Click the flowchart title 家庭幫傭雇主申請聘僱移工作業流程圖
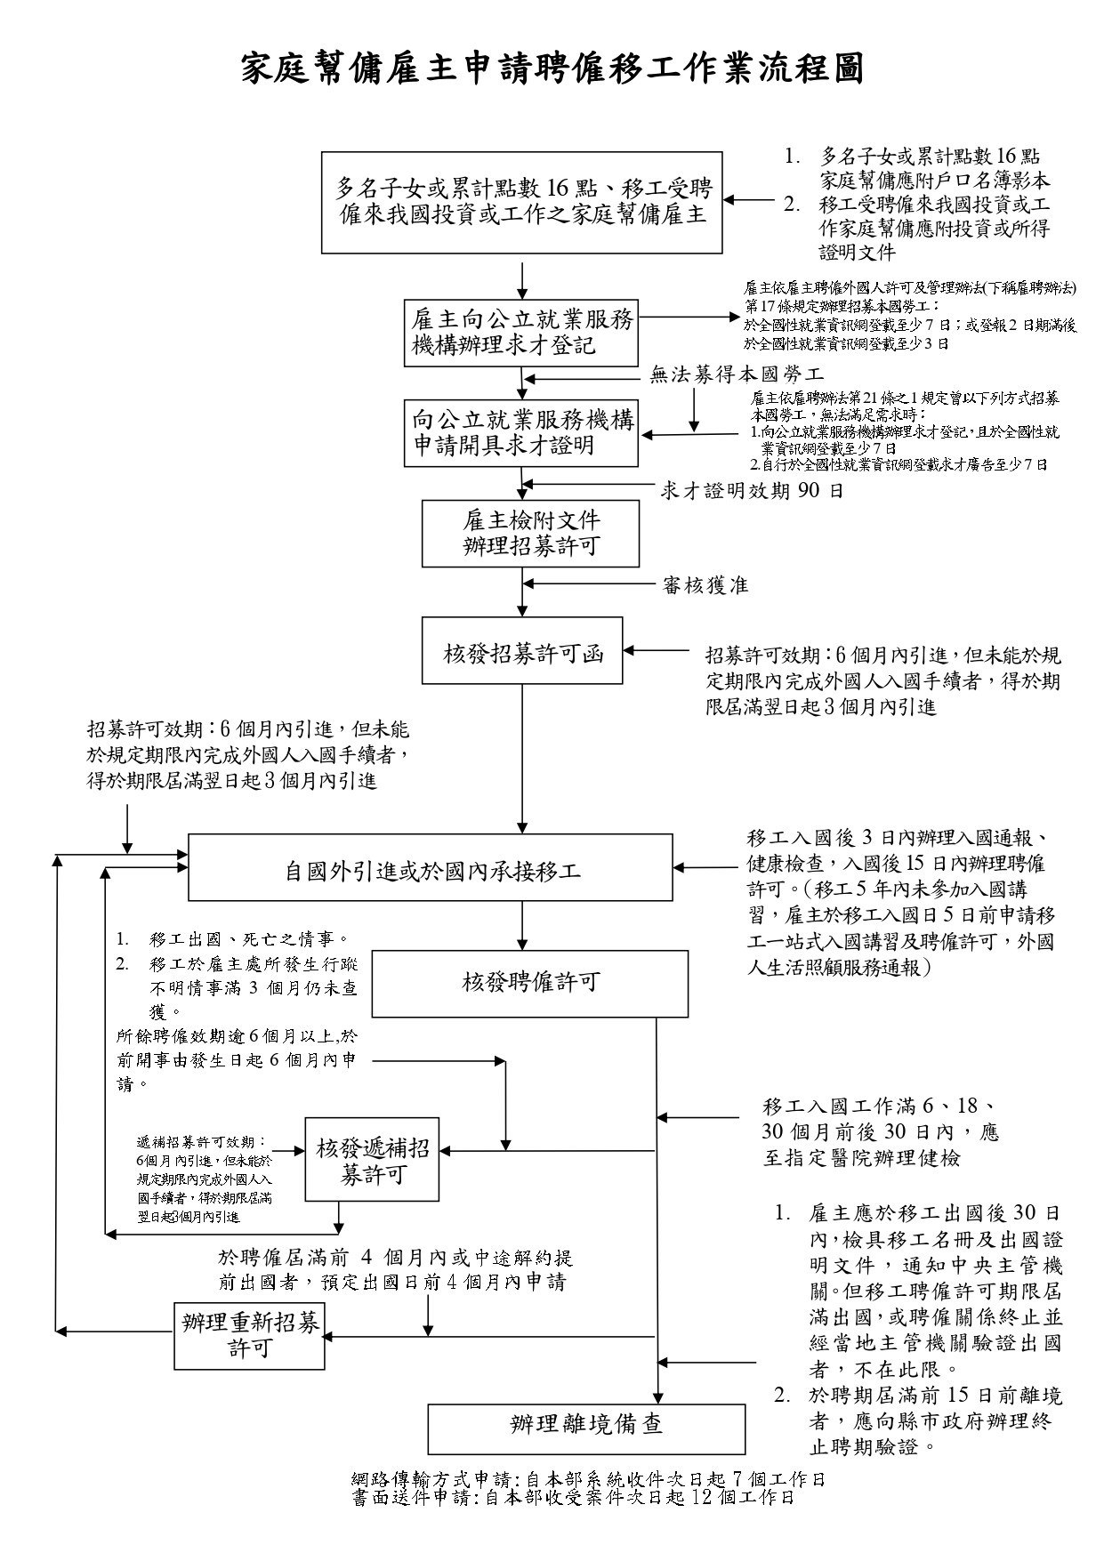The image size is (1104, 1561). tap(552, 68)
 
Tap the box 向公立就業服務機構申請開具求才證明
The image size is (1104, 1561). tap(521, 433)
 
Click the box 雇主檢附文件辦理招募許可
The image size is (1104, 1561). tap(530, 534)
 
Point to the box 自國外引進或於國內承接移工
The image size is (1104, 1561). tap(431, 868)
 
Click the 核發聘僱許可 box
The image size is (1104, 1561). tap(530, 983)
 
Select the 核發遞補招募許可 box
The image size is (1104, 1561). tap(373, 1160)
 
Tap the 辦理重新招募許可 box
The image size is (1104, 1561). tap(250, 1335)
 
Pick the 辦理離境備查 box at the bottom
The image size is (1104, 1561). tap(586, 1428)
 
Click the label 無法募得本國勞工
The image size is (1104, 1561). tap(737, 375)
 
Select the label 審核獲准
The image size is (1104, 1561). tap(705, 584)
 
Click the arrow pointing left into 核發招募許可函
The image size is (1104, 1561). tap(658, 649)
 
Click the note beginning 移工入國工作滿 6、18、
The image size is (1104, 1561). tap(880, 1132)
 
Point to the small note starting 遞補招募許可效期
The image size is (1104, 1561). tap(205, 1179)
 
